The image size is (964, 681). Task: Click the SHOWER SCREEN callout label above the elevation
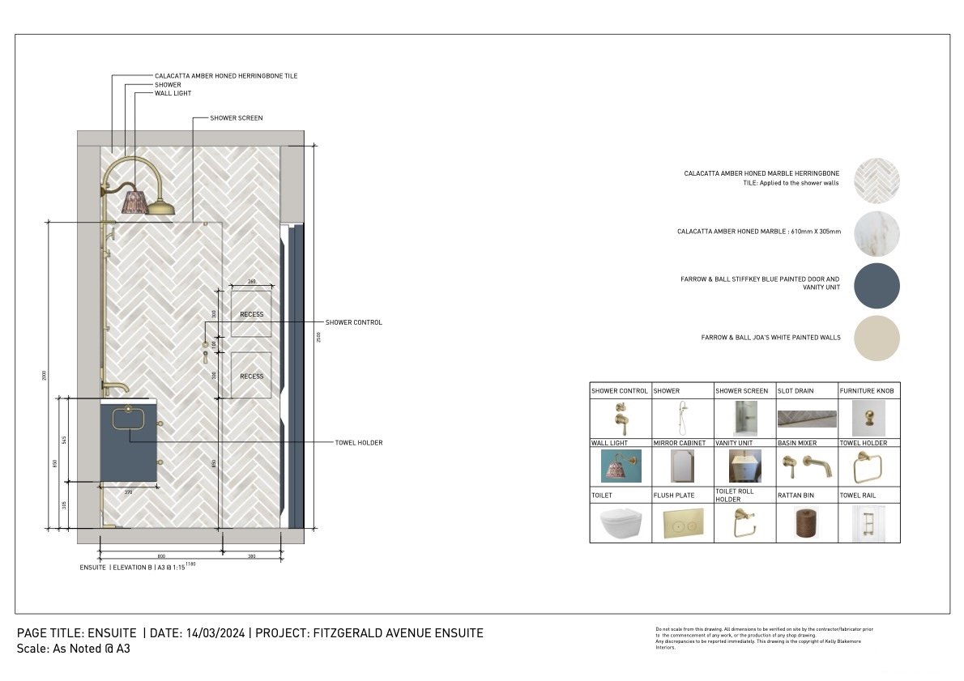236,118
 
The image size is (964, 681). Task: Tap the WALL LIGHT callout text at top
173,93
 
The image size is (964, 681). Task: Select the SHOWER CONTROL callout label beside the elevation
353,322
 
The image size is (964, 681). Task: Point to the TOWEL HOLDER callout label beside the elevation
358,443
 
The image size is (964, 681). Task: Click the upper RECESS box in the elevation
251,313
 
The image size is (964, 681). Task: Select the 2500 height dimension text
318,336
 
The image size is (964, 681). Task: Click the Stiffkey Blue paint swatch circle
877,286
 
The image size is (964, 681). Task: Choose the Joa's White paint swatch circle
877,338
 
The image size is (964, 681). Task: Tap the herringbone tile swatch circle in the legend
877,180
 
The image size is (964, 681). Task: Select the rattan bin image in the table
806,523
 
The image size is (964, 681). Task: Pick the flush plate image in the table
682,523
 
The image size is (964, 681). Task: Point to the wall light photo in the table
621,466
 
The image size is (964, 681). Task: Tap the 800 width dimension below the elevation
161,556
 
